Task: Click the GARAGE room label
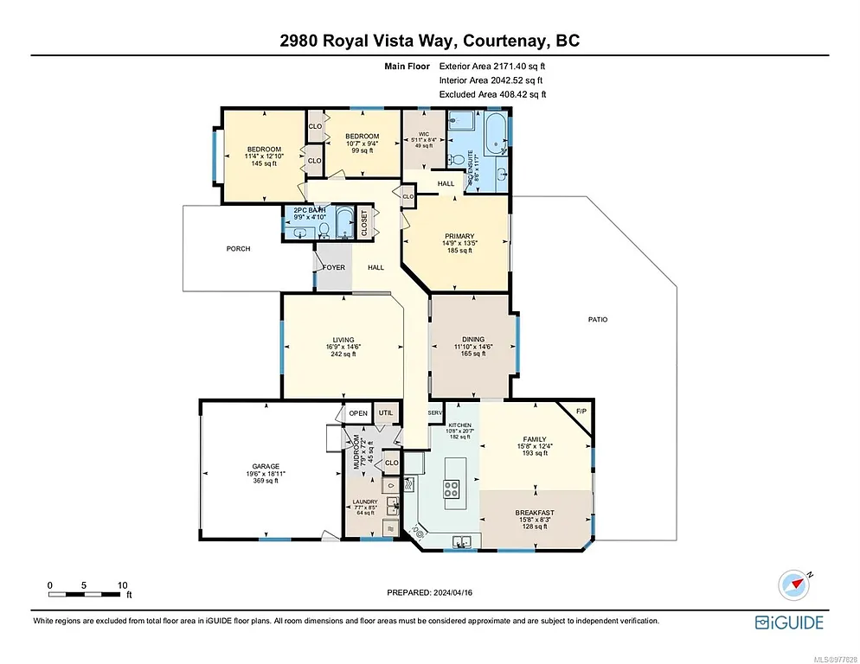[266, 466]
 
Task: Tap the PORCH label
[238, 249]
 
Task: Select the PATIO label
[598, 319]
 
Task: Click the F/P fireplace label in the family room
[581, 410]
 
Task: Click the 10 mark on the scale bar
[122, 584]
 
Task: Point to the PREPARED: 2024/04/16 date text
[430, 592]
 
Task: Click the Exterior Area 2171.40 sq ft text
[492, 65]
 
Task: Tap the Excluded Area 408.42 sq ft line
[492, 94]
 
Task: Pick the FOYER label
[334, 267]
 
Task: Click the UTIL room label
[385, 413]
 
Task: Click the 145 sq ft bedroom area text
[264, 163]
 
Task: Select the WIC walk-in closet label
[424, 134]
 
